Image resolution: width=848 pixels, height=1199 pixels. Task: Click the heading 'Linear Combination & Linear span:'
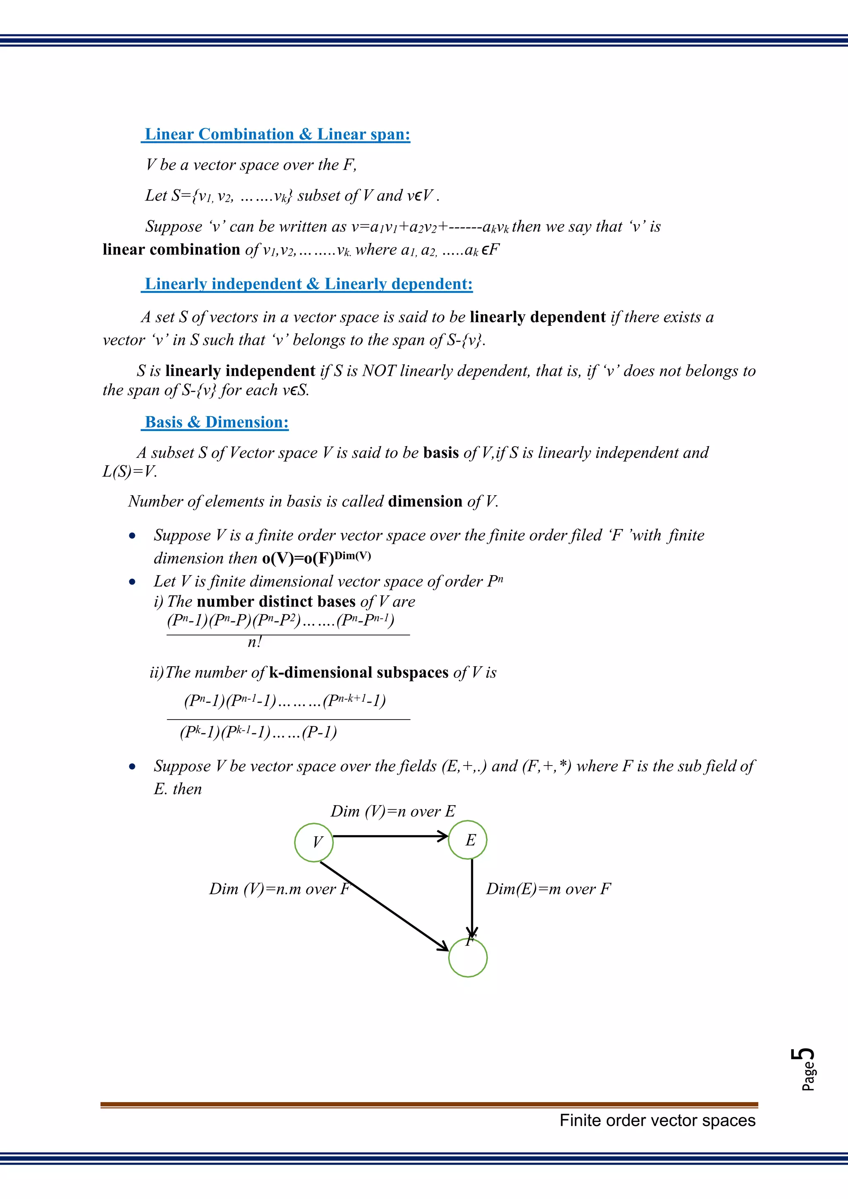click(x=277, y=134)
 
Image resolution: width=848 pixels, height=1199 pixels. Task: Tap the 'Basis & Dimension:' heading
click(x=216, y=422)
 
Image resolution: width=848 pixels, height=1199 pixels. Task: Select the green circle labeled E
click(x=468, y=840)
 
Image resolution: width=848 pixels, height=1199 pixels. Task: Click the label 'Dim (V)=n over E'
click(x=393, y=811)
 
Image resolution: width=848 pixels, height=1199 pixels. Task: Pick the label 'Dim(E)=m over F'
click(x=548, y=889)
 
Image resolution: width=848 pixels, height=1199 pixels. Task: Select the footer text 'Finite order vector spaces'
click(x=658, y=1120)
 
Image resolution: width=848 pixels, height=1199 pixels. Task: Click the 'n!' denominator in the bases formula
click(x=254, y=642)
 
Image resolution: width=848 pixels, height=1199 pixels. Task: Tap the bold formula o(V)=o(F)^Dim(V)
click(x=316, y=558)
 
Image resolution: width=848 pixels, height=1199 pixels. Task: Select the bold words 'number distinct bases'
click(x=276, y=602)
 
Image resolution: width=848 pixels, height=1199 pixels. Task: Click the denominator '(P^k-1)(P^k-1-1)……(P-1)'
click(x=258, y=732)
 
